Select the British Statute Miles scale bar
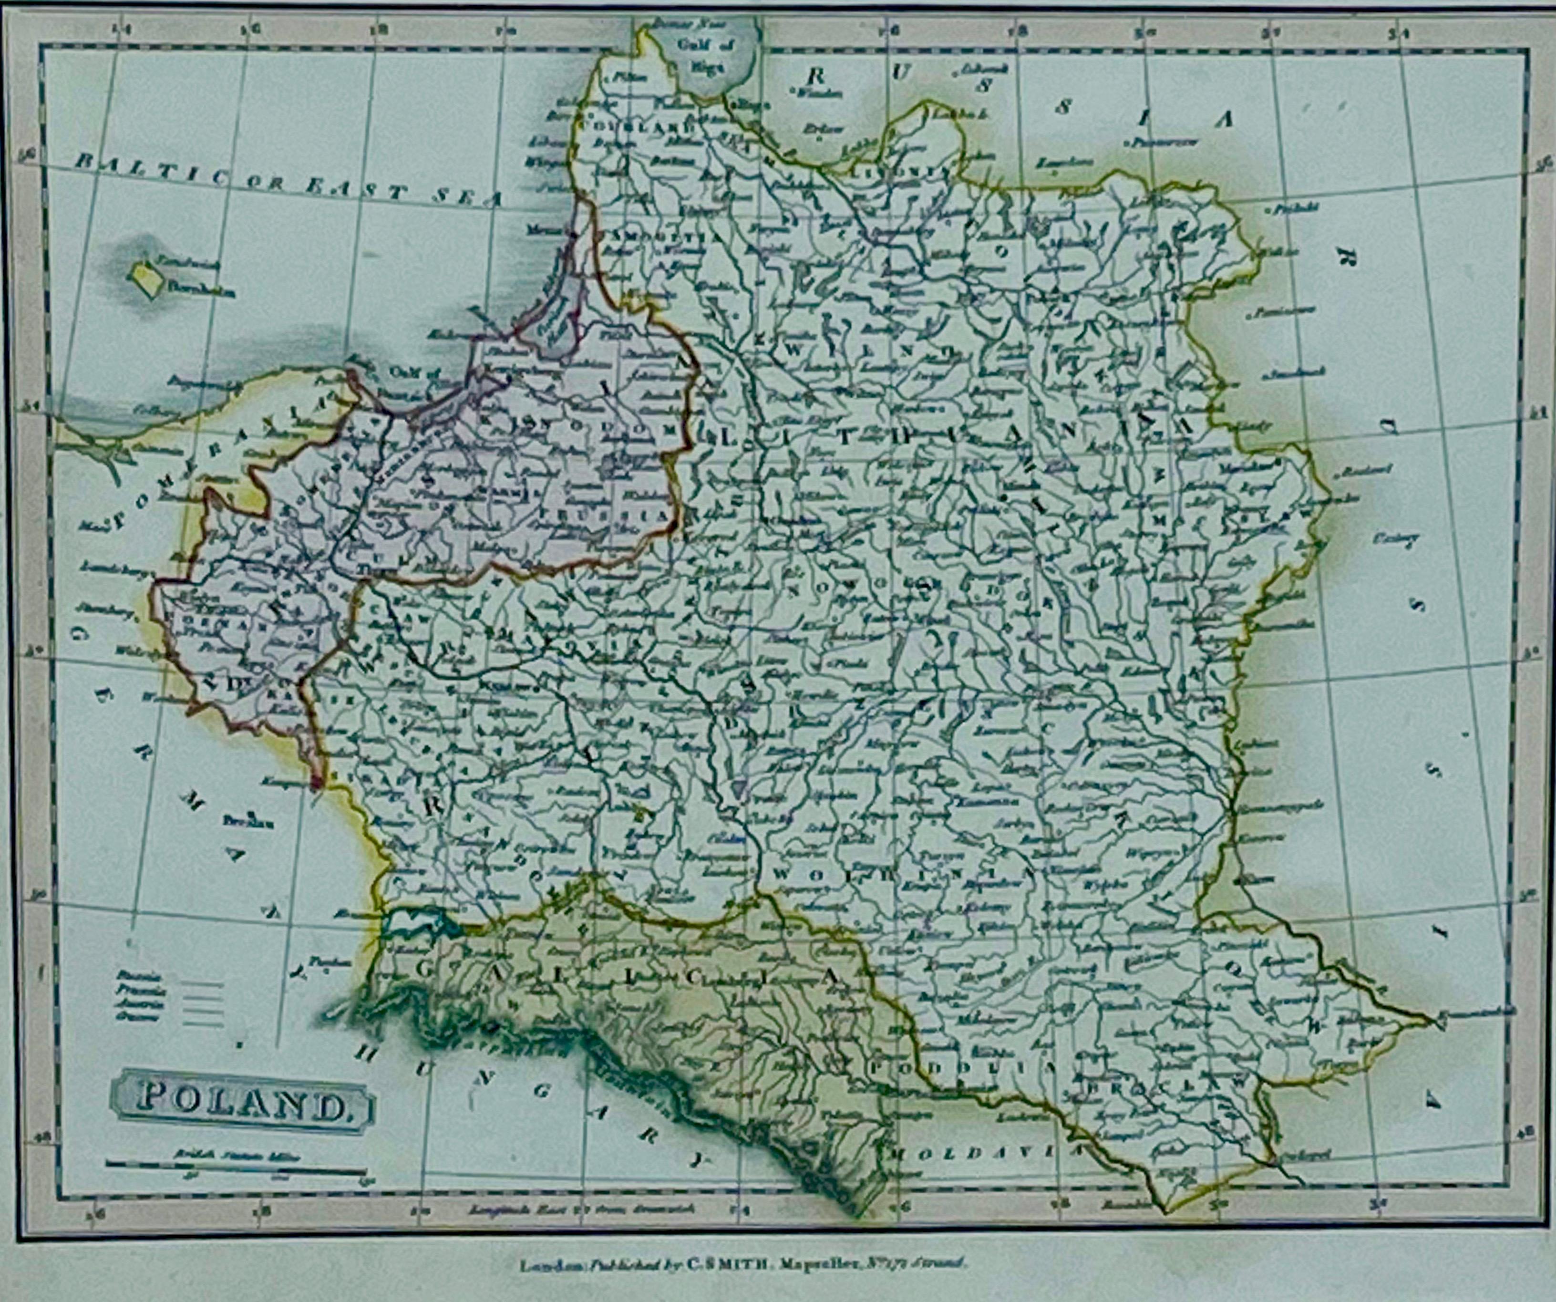pos(236,1166)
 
